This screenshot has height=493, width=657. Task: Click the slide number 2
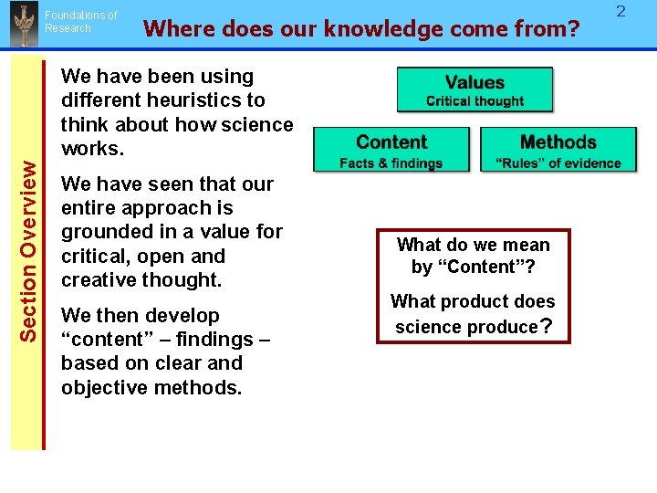pos(620,12)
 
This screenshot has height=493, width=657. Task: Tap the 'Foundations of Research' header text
pos(80,22)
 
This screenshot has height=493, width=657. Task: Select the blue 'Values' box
pos(474,89)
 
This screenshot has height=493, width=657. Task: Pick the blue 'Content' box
pos(391,149)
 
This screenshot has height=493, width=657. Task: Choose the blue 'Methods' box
pos(558,149)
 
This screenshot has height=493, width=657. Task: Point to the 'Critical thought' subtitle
pos(474,101)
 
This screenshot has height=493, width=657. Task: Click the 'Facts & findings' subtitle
pos(391,163)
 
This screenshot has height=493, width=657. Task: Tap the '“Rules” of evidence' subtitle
pos(558,163)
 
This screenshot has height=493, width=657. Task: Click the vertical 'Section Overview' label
pos(28,251)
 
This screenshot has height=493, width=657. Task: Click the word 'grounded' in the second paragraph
pos(100,232)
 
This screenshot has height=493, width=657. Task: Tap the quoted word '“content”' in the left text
pos(99,340)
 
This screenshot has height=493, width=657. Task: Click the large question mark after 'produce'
pos(547,326)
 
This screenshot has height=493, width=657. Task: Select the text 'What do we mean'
pos(473,245)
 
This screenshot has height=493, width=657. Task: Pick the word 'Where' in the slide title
pos(173,29)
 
